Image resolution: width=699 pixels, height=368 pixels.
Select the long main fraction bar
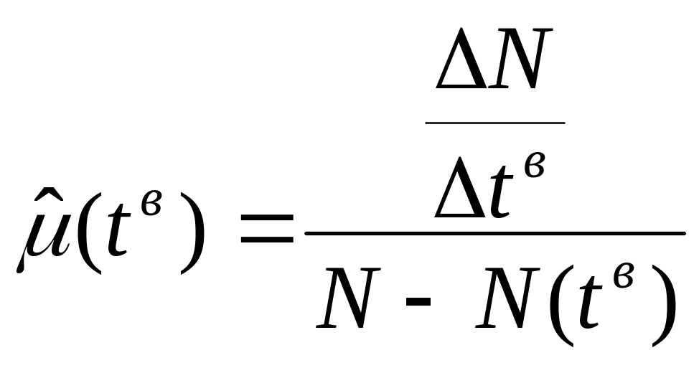(x=495, y=233)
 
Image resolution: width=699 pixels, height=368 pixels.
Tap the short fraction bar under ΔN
(x=494, y=122)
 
